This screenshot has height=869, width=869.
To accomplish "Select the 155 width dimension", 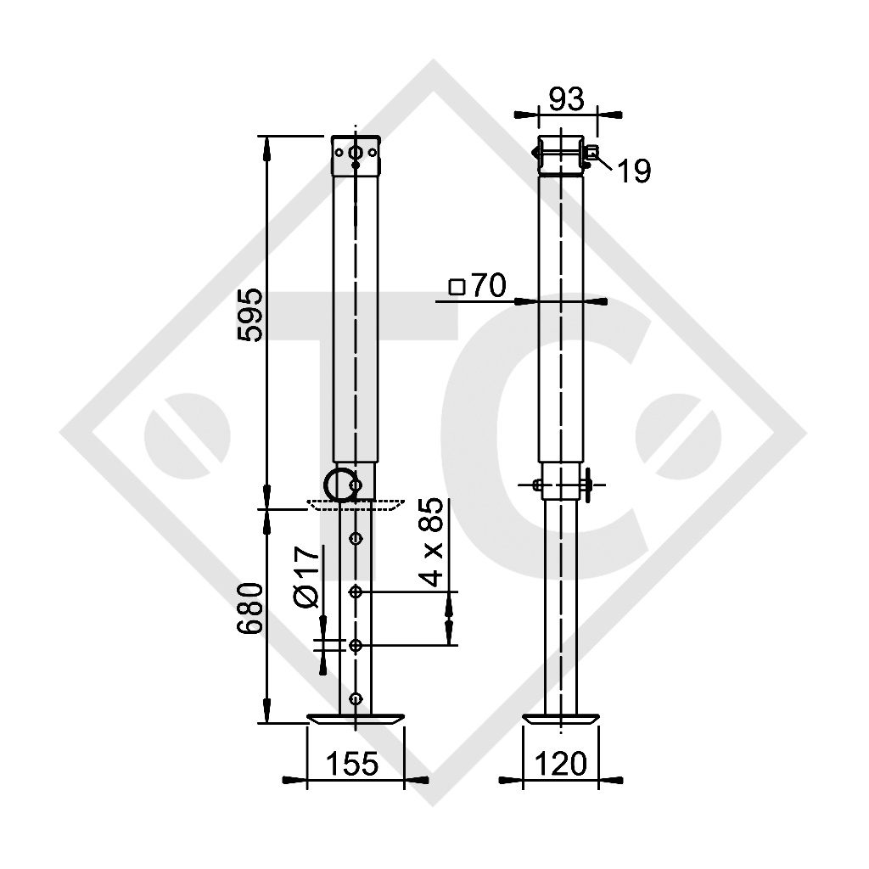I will pyautogui.click(x=352, y=764).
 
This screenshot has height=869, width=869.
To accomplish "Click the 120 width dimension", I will pyautogui.click(x=561, y=764).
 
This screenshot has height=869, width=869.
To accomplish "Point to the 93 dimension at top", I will pyautogui.click(x=566, y=99).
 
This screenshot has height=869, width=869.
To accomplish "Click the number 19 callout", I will pyautogui.click(x=632, y=171).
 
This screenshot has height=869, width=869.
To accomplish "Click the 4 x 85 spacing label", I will pyautogui.click(x=434, y=542).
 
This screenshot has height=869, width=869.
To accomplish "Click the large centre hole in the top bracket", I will pyautogui.click(x=356, y=154).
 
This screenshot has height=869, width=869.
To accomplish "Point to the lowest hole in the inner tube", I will pyautogui.click(x=356, y=698).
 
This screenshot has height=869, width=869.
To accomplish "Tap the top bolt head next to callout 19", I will pyautogui.click(x=591, y=153).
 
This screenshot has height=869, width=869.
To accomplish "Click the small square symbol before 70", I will pyautogui.click(x=457, y=287).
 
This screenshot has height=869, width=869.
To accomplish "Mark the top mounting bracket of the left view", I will pyautogui.click(x=356, y=155).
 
